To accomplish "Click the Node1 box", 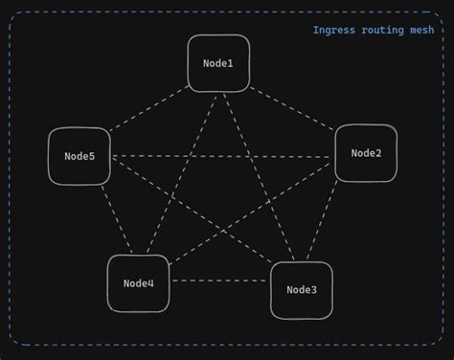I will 218,63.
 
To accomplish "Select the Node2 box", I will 366,153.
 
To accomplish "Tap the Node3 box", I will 301,290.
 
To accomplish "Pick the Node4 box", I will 138,283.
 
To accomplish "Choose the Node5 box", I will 79,156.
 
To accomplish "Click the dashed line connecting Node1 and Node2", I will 292,108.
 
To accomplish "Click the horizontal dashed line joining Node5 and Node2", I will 222,155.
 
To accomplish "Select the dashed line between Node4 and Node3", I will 219,281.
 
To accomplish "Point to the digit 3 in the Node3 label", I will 313,290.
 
